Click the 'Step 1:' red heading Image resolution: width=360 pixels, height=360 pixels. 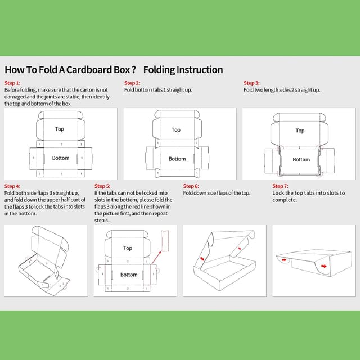12,83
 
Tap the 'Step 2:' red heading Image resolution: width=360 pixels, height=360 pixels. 132,83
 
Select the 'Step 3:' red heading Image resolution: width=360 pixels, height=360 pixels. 251,83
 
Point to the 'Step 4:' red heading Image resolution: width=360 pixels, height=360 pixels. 12,186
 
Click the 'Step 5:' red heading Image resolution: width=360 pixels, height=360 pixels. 102,186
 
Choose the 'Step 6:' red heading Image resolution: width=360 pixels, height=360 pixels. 191,186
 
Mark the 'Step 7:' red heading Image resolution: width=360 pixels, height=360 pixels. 280,186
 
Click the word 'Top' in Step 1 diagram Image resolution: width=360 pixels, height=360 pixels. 60,129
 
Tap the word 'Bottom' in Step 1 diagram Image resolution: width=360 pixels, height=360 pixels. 61,158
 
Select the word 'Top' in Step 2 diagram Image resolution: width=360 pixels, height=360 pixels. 176,129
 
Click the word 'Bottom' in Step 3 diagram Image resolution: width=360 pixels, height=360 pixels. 301,159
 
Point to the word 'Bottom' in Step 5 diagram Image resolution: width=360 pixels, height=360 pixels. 129,274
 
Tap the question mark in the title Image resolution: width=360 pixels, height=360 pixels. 133,70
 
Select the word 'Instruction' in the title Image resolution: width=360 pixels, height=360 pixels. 200,70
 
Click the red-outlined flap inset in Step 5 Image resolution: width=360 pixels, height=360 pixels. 165,240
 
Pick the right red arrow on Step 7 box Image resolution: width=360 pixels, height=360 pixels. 325,265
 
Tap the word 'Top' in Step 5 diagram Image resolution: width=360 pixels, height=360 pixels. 128,248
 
